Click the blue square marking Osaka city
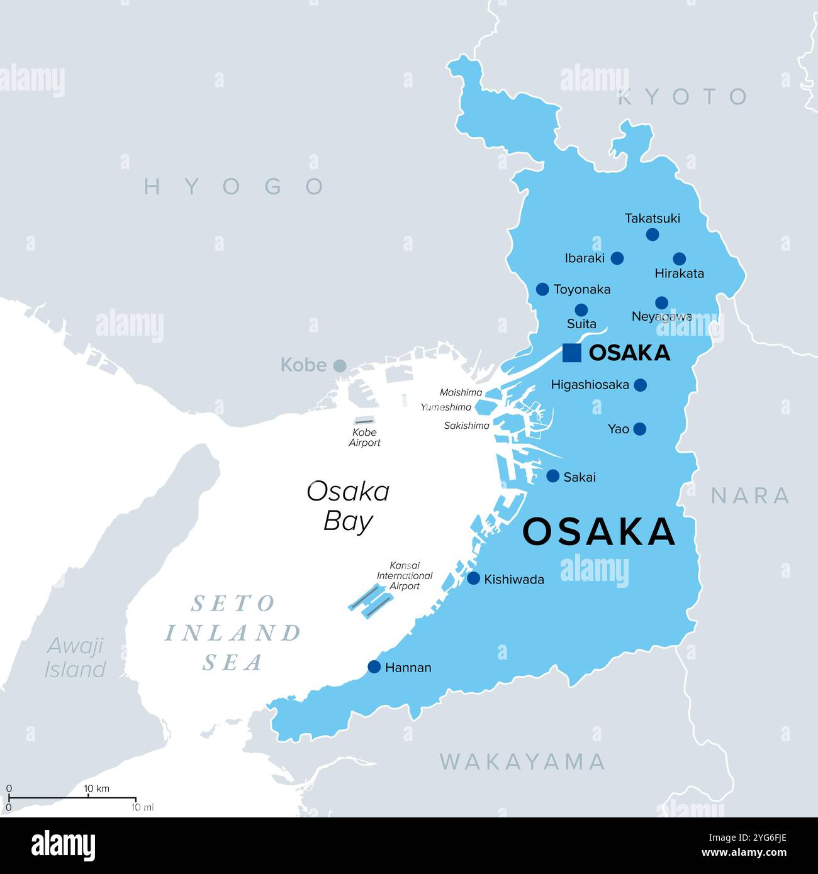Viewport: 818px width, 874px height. pyautogui.click(x=571, y=353)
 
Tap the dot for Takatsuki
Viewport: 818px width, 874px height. pyautogui.click(x=653, y=235)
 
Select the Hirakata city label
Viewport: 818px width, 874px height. pyautogui.click(x=679, y=274)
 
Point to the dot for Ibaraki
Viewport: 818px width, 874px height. pyautogui.click(x=617, y=258)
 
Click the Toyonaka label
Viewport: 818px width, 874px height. pyautogui.click(x=581, y=289)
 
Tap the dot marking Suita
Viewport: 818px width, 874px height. pyautogui.click(x=581, y=310)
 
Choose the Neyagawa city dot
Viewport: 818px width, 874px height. pyautogui.click(x=661, y=302)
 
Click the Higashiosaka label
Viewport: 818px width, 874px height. pyautogui.click(x=590, y=385)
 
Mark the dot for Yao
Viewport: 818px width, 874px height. pyautogui.click(x=639, y=429)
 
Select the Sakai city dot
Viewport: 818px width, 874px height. pyautogui.click(x=552, y=476)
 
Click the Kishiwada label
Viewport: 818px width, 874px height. pyautogui.click(x=513, y=579)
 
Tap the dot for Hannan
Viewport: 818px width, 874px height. pyautogui.click(x=374, y=667)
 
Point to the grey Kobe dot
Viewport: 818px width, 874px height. pyautogui.click(x=340, y=365)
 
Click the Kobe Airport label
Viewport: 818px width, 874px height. pyautogui.click(x=364, y=438)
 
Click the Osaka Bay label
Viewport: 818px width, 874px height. pyautogui.click(x=348, y=506)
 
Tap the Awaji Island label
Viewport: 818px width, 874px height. pyautogui.click(x=76, y=658)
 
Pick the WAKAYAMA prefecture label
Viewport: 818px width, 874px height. pyautogui.click(x=522, y=761)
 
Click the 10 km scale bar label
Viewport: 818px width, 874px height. pyautogui.click(x=97, y=788)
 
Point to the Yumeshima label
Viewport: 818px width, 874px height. pyautogui.click(x=445, y=407)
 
